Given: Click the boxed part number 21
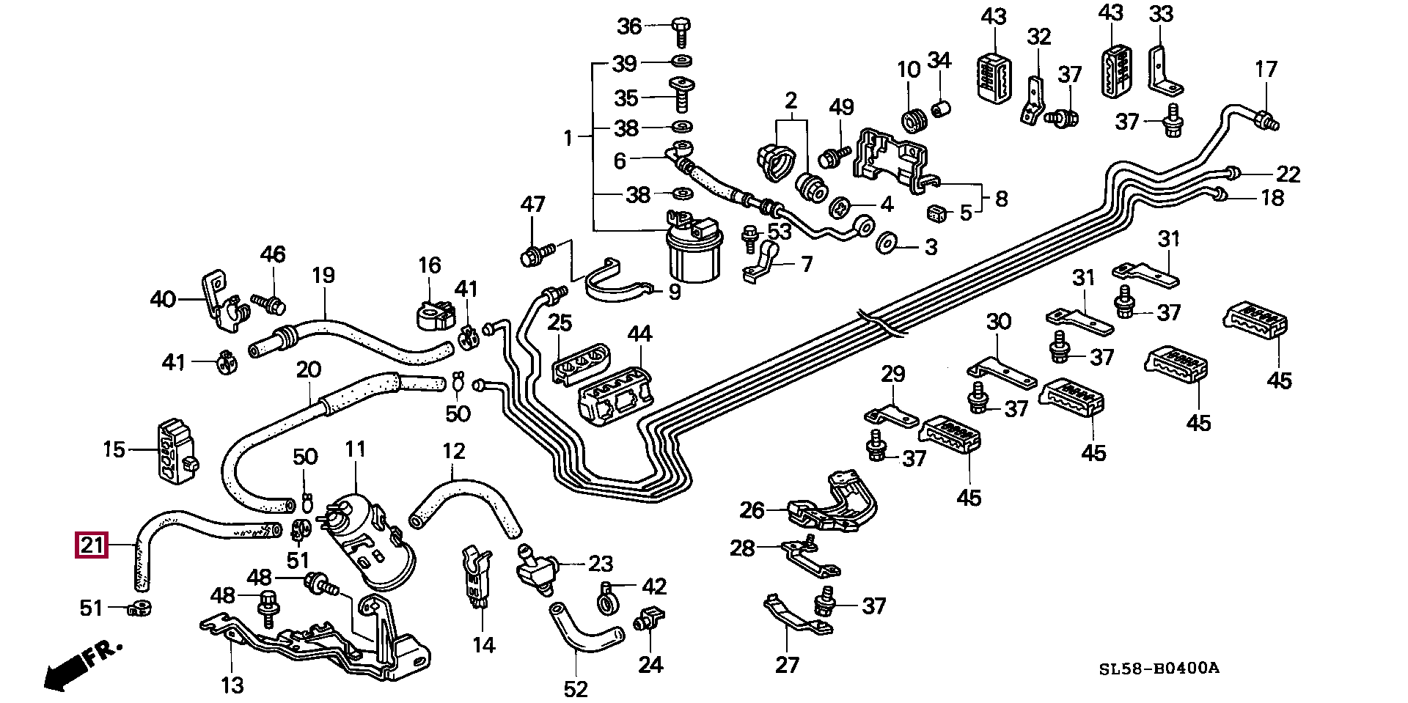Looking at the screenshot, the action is click(x=92, y=546).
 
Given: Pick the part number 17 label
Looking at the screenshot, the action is click(x=1266, y=69).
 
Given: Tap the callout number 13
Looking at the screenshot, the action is click(x=232, y=685).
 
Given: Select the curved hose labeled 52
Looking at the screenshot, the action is click(x=586, y=630).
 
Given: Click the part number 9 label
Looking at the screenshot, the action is click(x=674, y=292).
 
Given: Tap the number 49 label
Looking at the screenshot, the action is click(x=841, y=107).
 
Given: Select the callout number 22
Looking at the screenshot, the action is click(x=1288, y=174).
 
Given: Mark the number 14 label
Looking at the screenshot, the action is click(x=484, y=644).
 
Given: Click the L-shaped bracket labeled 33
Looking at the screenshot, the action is click(x=1164, y=71).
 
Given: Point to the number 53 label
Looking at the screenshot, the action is click(x=780, y=232).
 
